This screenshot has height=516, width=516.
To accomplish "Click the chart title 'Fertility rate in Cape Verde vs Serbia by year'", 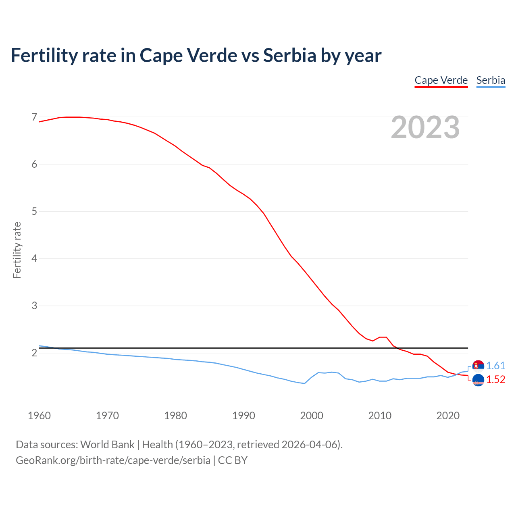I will [196, 56].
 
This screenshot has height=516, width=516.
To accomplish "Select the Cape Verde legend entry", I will [441, 80].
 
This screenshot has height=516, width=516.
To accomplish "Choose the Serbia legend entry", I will [491, 80].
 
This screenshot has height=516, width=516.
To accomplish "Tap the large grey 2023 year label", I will [425, 127].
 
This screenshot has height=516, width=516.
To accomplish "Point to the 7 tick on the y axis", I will [34, 117].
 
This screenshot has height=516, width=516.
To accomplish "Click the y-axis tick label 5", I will [34, 211].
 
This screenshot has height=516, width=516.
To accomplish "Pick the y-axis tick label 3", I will [34, 306].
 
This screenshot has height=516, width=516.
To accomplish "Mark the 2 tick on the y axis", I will [34, 353].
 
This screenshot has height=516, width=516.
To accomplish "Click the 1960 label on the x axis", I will [39, 416].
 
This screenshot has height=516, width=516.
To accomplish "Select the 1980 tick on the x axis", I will [175, 416].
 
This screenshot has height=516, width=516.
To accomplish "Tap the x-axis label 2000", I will [312, 416].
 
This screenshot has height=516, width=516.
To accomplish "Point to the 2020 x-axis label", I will [448, 416].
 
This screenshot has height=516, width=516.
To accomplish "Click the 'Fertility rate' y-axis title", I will [17, 250].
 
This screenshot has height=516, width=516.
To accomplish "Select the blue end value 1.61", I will [495, 366].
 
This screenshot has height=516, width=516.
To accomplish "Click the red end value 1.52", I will [495, 379].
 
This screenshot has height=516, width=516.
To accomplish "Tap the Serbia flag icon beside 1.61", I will [478, 366].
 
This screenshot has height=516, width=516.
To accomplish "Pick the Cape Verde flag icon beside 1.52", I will [478, 380].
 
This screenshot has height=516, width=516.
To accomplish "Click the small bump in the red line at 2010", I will [383, 337].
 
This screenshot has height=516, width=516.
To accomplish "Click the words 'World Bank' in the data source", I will [107, 444].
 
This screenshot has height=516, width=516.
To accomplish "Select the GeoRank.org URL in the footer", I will [113, 460].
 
